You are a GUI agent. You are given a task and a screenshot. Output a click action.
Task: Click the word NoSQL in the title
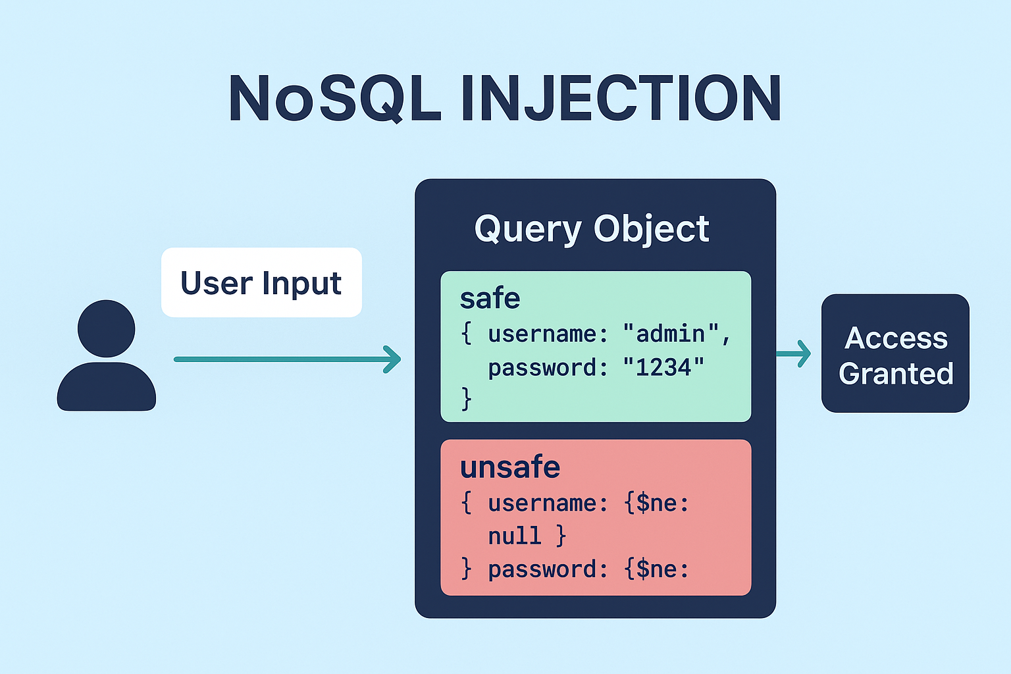(x=334, y=99)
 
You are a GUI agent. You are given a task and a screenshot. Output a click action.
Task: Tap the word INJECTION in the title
(x=621, y=99)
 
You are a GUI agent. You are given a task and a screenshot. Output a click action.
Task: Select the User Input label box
(x=261, y=283)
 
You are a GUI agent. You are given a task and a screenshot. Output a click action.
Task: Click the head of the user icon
(x=106, y=328)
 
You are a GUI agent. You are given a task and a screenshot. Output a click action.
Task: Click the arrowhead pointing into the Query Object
(x=393, y=359)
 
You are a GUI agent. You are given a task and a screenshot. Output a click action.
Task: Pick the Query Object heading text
(x=592, y=229)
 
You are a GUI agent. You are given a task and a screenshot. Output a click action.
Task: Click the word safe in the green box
(x=490, y=298)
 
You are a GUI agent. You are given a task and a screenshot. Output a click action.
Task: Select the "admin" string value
(x=671, y=334)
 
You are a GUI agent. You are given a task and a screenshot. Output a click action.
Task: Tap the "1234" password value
(x=663, y=367)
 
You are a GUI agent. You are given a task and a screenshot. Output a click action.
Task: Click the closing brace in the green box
(x=467, y=399)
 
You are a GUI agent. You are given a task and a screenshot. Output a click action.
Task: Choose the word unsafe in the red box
(x=510, y=467)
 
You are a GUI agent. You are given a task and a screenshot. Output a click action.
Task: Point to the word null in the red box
(x=514, y=536)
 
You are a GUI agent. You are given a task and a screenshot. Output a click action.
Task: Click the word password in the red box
(x=542, y=569)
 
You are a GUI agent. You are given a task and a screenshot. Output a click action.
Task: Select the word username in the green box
(x=542, y=334)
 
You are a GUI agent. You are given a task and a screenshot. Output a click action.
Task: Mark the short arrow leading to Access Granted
(x=794, y=353)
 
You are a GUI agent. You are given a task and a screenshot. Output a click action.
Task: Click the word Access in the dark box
(x=896, y=338)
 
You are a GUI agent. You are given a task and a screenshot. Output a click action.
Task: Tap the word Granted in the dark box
(x=896, y=374)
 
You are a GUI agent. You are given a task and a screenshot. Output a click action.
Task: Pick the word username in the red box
(x=542, y=503)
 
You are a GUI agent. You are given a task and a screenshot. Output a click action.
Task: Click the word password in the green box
(x=542, y=367)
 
